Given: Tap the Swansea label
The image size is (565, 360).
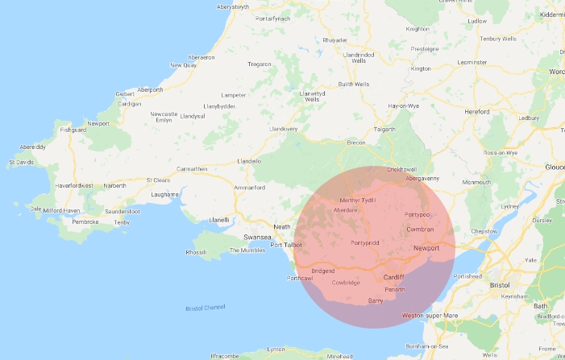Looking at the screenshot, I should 259,238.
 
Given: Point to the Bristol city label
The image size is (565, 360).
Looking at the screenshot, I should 499,285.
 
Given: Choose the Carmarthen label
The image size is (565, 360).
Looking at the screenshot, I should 191,169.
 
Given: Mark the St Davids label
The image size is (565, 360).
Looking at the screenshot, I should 21,162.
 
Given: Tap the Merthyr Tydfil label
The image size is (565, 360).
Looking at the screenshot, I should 358,201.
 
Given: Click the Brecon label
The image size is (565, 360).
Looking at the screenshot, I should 355,143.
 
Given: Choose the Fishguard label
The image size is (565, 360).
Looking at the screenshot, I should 72,129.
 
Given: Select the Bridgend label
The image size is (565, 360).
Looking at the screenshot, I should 322,271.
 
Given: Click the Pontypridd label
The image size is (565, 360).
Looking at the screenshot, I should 365,242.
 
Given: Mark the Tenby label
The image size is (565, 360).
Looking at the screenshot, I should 122,221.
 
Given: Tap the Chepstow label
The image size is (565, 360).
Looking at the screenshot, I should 484,231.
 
